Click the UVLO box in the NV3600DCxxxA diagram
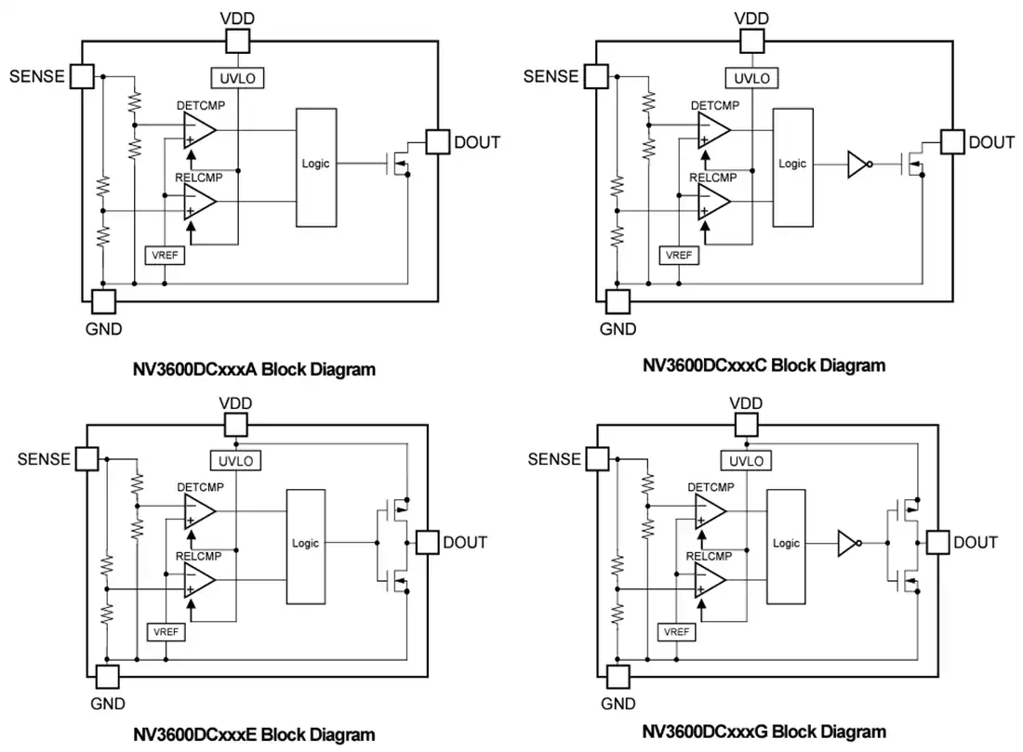click(237, 78)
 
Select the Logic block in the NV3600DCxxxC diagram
click(792, 167)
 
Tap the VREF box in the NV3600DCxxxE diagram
click(166, 632)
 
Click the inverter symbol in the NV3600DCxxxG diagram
click(849, 543)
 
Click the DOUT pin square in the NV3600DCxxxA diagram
click(438, 141)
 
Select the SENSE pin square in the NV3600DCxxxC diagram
click(596, 76)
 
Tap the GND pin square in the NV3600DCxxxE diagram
click(108, 677)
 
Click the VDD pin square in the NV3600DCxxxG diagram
click(747, 425)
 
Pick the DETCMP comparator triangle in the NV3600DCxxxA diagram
click(199, 130)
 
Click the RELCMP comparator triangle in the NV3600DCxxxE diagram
click(199, 580)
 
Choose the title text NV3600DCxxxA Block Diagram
click(254, 369)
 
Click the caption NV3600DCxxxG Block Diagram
click(764, 732)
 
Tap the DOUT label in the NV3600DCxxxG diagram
click(976, 543)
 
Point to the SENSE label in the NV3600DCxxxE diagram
click(44, 459)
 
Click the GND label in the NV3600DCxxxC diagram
click(618, 329)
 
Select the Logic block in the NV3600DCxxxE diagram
click(306, 547)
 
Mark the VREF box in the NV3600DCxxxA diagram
click(165, 255)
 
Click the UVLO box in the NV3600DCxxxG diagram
click(747, 461)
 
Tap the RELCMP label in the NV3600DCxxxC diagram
click(713, 178)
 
